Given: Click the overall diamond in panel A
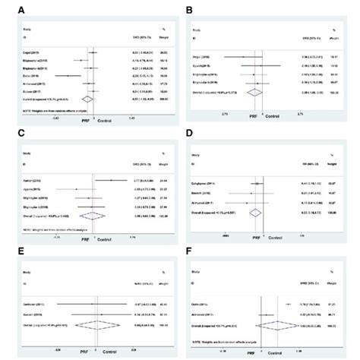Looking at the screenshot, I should [x=91, y=97].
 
